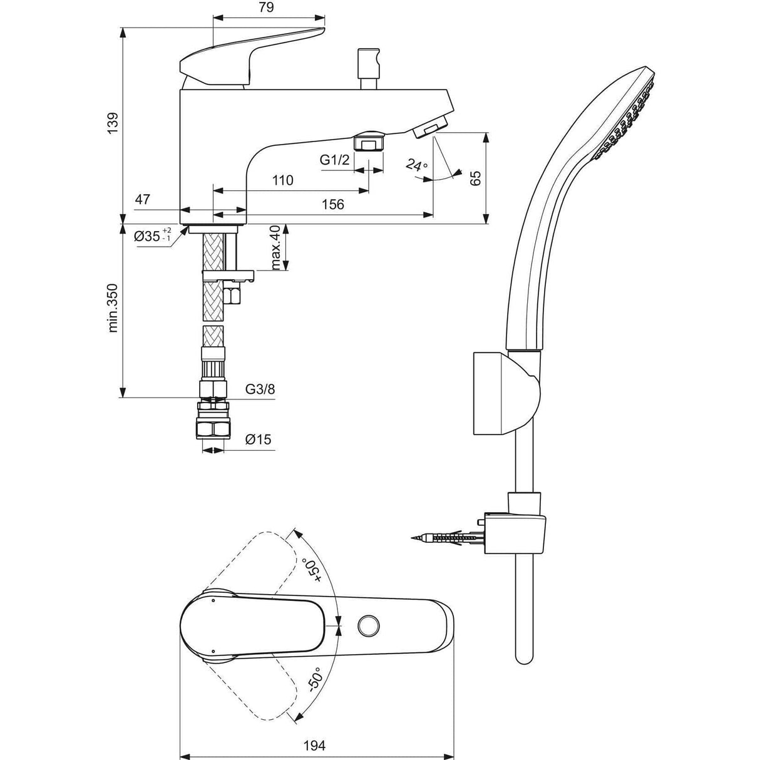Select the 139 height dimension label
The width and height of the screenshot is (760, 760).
(x=112, y=123)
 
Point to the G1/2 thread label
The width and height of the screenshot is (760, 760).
(x=335, y=160)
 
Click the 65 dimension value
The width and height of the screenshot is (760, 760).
(x=475, y=177)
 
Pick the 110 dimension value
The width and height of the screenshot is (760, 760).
(x=283, y=181)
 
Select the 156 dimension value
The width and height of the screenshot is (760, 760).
(x=333, y=205)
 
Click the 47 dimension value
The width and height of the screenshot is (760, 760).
(x=143, y=200)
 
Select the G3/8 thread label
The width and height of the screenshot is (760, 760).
(x=259, y=389)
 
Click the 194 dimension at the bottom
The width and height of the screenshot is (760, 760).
(x=315, y=746)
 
